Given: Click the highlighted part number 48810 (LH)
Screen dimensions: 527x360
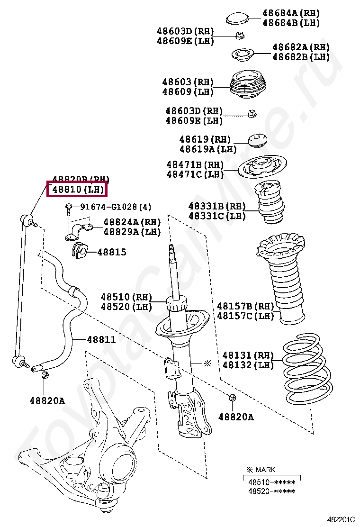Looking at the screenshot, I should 77,190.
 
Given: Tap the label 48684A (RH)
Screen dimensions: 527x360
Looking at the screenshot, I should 291,13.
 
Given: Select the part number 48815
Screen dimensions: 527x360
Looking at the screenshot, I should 112,252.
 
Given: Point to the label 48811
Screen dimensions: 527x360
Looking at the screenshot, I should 101,340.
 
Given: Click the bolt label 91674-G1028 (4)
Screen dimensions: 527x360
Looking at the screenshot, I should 116,207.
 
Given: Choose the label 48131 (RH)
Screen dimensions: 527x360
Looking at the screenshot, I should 248,355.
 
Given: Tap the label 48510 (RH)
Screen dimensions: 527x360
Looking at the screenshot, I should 126,297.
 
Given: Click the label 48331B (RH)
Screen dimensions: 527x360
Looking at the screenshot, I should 217,206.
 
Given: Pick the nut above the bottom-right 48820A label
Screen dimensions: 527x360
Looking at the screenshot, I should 232,397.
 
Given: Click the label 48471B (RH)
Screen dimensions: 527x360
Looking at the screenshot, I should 195,164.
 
